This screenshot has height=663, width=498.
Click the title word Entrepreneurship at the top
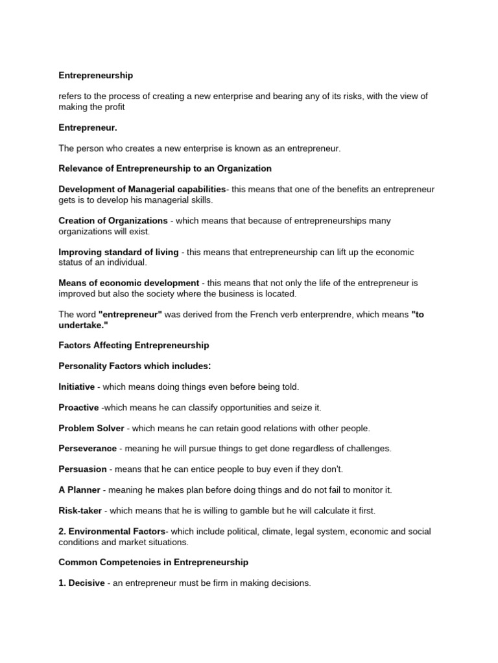click(95, 76)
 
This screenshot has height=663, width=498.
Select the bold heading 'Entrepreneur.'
click(88, 128)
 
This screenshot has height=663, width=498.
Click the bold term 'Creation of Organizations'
click(113, 221)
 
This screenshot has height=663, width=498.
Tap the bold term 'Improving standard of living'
click(119, 252)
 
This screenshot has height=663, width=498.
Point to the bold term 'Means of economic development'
click(128, 283)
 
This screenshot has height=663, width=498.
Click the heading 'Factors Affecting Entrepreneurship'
click(134, 346)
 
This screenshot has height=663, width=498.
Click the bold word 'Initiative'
click(77, 387)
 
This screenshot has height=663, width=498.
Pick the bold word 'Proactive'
click(78, 408)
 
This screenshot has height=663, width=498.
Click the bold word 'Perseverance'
click(88, 449)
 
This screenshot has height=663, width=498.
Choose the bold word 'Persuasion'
click(83, 469)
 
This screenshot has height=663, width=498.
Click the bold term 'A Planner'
click(80, 490)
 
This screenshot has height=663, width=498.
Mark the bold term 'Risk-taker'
click(80, 511)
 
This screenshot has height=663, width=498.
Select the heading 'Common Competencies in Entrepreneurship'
click(153, 563)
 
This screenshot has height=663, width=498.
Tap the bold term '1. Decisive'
click(81, 583)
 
